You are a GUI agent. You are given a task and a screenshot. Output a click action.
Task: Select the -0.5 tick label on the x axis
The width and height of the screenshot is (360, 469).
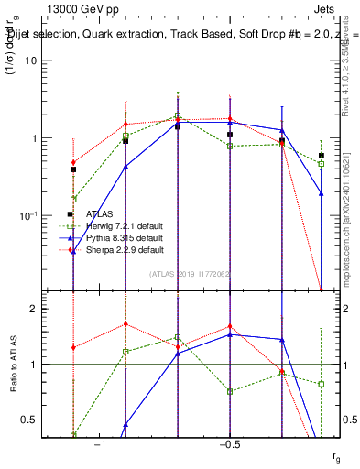coord(229,444)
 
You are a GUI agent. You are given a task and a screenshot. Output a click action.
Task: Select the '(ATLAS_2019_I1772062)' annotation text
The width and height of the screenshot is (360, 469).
coord(191,273)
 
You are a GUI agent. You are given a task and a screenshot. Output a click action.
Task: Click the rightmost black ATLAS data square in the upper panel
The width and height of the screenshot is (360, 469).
coord(322,156)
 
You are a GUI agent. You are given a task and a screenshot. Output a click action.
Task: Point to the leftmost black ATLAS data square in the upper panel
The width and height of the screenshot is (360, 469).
coord(72,169)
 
